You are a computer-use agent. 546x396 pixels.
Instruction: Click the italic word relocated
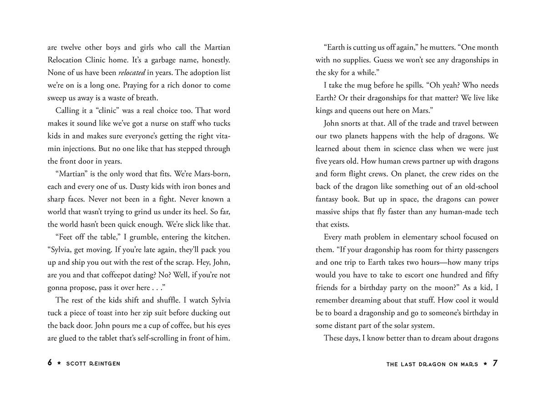(131, 73)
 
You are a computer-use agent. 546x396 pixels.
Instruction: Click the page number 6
(50, 363)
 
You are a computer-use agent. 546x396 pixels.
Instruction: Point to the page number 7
(495, 363)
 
